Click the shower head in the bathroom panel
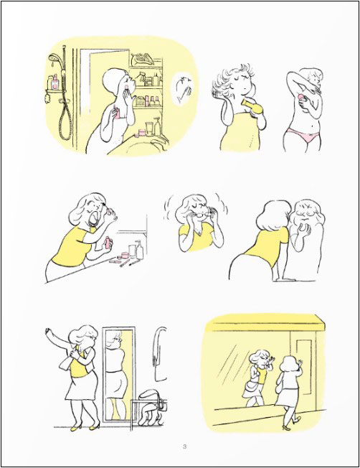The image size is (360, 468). (55, 57)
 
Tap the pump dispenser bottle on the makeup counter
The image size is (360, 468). (139, 250)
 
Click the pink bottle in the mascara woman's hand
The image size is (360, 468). (108, 243)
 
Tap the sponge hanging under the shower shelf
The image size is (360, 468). (47, 98)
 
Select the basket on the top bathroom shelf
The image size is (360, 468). (143, 59)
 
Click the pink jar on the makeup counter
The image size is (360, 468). (125, 256)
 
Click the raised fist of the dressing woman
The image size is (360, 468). (47, 331)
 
